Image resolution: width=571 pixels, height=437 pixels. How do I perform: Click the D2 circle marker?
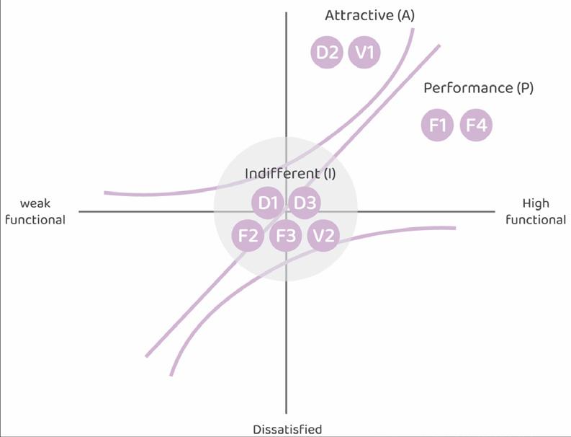tap(327, 52)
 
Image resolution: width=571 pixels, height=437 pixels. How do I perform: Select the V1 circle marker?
tap(364, 52)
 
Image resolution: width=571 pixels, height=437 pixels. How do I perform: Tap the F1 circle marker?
tap(438, 125)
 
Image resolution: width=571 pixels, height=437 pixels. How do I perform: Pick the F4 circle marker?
tap(476, 125)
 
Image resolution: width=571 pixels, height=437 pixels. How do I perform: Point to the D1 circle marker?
tap(269, 203)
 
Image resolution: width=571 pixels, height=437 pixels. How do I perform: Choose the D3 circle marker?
tap(305, 203)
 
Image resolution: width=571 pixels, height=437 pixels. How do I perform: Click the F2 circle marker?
tap(248, 235)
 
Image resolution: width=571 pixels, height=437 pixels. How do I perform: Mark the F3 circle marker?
tap(286, 235)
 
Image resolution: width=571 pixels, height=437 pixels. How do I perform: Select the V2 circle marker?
tap(323, 235)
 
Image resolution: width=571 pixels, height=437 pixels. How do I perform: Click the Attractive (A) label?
tap(369, 15)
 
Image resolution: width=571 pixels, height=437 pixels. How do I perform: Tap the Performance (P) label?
tap(478, 88)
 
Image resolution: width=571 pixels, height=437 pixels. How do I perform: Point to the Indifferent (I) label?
tap(290, 173)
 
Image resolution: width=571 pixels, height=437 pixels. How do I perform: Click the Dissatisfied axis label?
tap(287, 429)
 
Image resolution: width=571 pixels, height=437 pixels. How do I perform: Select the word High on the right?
tap(536, 204)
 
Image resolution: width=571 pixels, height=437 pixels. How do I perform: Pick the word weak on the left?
tap(35, 204)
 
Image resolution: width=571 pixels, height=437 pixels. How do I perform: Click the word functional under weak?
tap(35, 219)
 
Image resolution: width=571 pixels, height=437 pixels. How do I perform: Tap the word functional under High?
tap(536, 219)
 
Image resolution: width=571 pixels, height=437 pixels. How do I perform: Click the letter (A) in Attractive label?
tap(405, 15)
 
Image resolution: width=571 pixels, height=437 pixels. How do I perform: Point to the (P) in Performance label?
tap(524, 88)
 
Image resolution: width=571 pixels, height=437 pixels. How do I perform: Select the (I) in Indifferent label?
tap(329, 173)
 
